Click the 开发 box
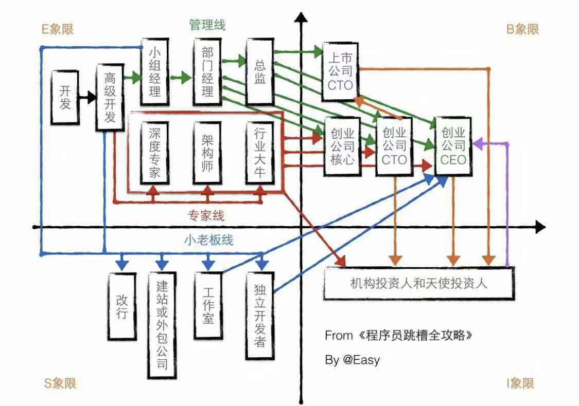pos(65,97)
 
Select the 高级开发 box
pos(110,98)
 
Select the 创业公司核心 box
pos(341,146)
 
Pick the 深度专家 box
pos(154,153)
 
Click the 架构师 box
pos(207,153)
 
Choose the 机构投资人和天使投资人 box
pos(418,283)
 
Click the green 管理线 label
pos(207,25)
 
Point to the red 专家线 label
pos(206,215)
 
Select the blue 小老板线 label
pos(208,239)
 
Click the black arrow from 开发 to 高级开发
pos(86,97)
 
